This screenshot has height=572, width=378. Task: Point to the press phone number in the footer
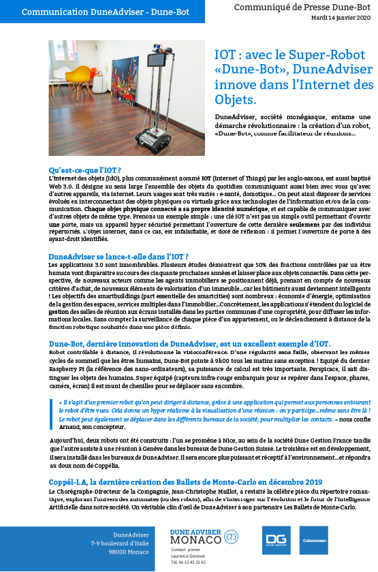(189, 563)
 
